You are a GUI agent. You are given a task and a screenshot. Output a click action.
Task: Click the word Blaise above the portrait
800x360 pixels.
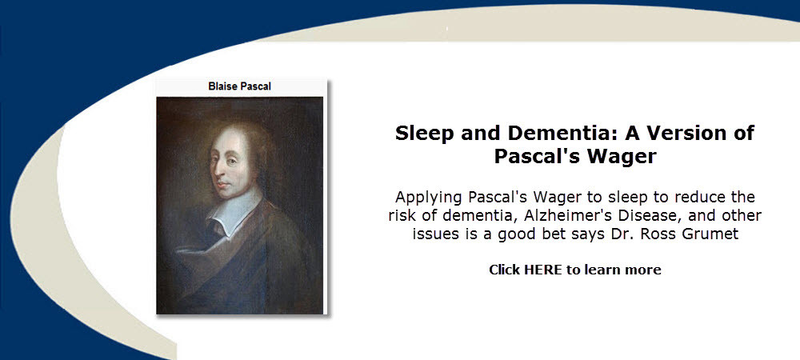pos(222,86)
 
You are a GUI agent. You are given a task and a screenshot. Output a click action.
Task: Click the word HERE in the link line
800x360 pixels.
pos(543,270)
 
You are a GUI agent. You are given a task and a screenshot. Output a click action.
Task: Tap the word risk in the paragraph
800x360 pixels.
pos(402,215)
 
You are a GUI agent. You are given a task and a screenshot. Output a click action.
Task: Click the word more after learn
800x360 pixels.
pos(643,270)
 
